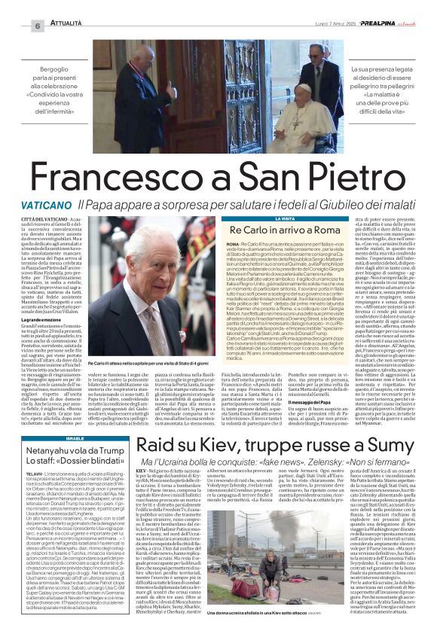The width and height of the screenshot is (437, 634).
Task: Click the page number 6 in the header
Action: tap(36, 26)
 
